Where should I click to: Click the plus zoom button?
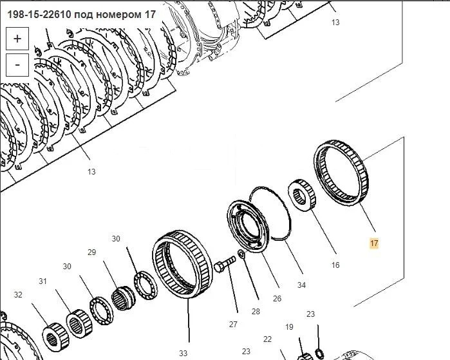(17, 39)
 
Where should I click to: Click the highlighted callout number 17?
(374, 243)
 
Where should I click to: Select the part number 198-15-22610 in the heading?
(39, 14)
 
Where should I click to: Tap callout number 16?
(335, 265)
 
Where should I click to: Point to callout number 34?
(301, 285)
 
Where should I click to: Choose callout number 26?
(277, 299)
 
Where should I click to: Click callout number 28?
(256, 311)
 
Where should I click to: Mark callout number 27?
(233, 325)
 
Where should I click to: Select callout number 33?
(183, 353)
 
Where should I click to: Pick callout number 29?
(91, 252)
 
